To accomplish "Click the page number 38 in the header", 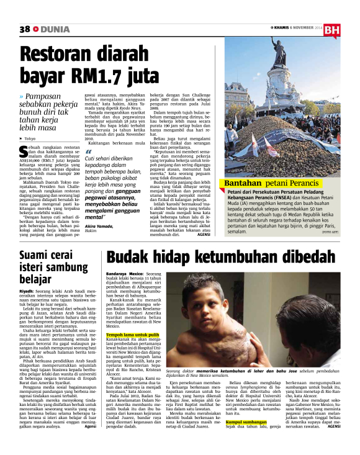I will [25, 29].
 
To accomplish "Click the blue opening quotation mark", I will [88, 152].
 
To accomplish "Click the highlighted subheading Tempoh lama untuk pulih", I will [133, 335].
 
